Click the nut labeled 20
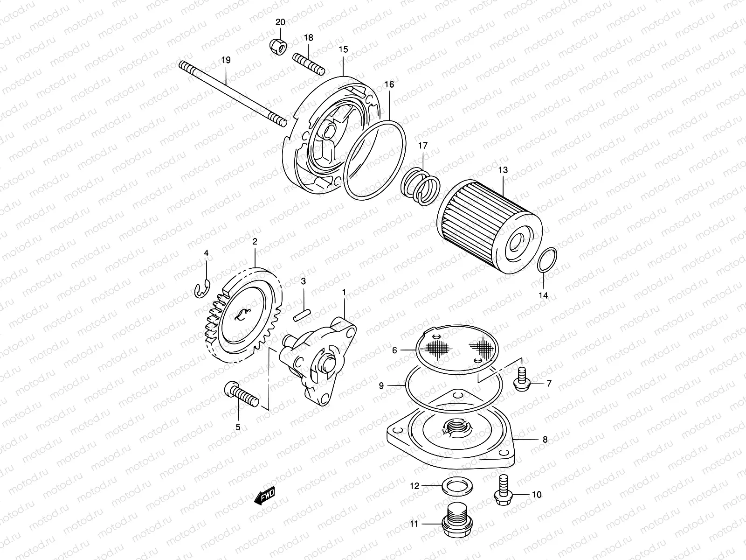point(278,45)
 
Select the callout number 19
point(226,61)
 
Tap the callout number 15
point(343,49)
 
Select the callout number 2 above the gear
point(255,242)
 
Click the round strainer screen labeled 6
point(462,348)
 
